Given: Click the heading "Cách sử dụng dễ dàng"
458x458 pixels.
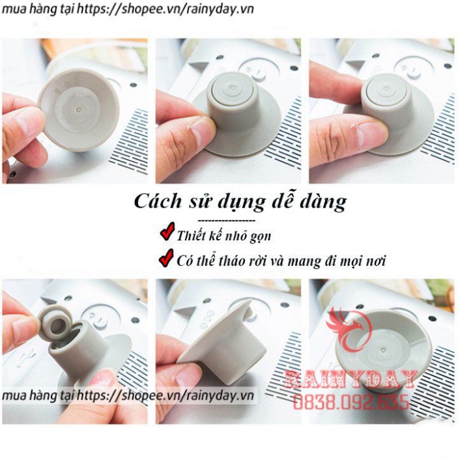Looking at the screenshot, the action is tap(240, 202).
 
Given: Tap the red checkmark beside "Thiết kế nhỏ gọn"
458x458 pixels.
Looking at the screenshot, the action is tap(167, 231).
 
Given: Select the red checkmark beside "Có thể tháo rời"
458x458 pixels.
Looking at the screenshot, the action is tap(166, 257).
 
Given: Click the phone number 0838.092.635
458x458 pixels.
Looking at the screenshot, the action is tap(351, 402).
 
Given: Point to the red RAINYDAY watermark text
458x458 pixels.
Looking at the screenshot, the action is tap(351, 379).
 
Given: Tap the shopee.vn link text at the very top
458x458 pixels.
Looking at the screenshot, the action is tap(128, 9).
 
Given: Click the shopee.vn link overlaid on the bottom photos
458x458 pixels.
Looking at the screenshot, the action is tap(128, 396).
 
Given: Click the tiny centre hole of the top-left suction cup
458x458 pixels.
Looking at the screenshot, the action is tap(79, 109).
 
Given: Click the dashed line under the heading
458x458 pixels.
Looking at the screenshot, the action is tap(226, 220).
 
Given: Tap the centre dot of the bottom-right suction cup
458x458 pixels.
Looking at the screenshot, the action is tap(383, 349).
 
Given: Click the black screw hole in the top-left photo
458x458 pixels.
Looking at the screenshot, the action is tap(133, 85).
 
